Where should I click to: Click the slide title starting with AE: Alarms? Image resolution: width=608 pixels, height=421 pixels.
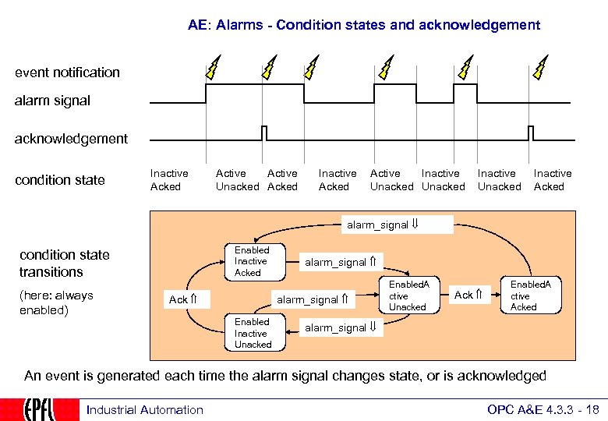tap(363, 25)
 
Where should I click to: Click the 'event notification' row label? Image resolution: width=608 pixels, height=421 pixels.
tap(68, 73)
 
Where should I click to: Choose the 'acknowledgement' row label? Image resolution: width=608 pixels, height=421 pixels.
tap(72, 139)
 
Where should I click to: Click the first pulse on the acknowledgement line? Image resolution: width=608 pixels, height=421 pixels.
tap(264, 133)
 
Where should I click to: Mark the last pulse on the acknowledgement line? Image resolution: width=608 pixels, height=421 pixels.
tap(531, 133)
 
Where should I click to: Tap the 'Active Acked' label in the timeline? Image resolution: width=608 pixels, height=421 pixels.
tap(282, 180)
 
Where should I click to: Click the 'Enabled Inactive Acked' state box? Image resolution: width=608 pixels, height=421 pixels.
tap(252, 262)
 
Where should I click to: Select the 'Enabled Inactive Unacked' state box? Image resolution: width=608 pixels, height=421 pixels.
tap(253, 333)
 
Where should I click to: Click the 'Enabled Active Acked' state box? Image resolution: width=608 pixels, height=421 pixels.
tap(531, 295)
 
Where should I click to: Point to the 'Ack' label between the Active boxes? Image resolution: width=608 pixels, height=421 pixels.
tap(468, 295)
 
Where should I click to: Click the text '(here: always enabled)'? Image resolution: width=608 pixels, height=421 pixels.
tap(56, 302)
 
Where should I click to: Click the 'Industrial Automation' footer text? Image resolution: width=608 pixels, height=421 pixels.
tap(145, 410)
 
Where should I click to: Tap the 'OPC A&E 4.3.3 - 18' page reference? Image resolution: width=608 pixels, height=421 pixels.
tap(543, 410)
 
